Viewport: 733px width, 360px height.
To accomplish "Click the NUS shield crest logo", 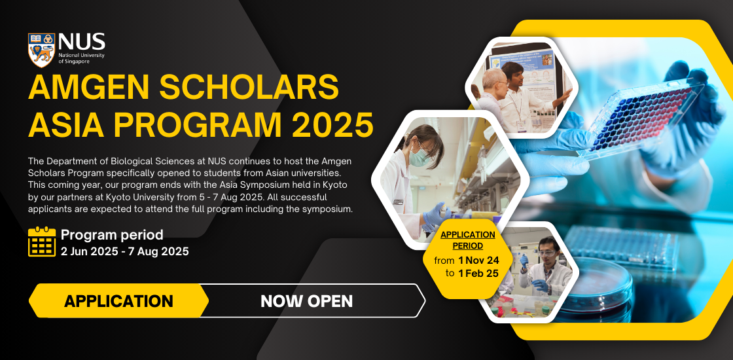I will click(41, 50).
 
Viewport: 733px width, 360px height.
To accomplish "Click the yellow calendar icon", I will click(42, 242).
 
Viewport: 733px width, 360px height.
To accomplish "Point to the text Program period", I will click(112, 234).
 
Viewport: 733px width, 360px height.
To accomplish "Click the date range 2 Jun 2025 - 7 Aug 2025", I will click(124, 251).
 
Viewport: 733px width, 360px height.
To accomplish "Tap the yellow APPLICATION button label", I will click(118, 301).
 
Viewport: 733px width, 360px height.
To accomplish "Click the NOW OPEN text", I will click(306, 301).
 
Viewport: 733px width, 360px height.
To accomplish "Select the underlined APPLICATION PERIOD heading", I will click(467, 240).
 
